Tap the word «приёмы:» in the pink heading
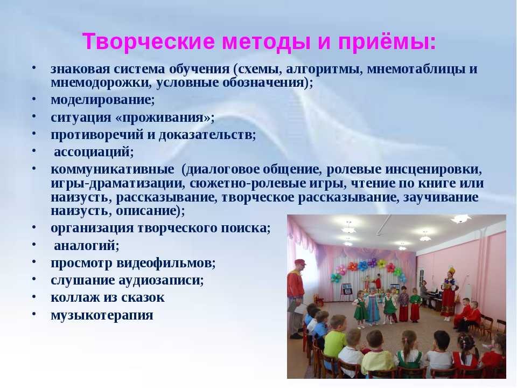tap(387, 42)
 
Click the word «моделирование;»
tap(102, 100)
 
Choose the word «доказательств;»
tap(207, 135)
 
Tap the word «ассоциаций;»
tap(94, 152)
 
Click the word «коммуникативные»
tap(113, 169)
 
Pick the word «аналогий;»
tap(86, 246)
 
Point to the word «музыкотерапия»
tap(102, 315)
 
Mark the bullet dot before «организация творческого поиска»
tap(34, 227)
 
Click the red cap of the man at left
tap(300, 262)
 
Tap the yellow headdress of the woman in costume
tap(451, 272)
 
